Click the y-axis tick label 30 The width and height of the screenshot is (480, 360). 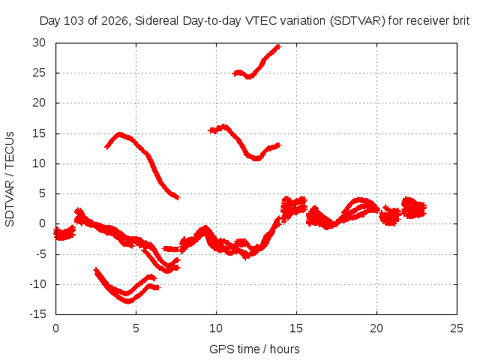coord(39,43)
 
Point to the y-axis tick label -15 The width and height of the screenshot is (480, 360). coord(37,314)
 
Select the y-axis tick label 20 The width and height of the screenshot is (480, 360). coord(39,103)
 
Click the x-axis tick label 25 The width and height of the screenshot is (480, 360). coord(457,328)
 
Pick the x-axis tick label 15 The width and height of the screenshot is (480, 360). coord(296,328)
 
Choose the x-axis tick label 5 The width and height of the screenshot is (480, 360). coord(136,328)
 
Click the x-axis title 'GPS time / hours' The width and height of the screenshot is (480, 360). coord(254,349)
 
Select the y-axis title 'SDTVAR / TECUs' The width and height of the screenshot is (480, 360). coord(10,179)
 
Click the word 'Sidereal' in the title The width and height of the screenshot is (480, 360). coord(157,21)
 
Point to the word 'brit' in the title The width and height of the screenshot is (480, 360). coord(460,21)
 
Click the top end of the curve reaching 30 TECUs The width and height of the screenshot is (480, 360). coord(278,46)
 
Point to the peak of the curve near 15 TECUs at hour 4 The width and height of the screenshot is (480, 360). coord(120,135)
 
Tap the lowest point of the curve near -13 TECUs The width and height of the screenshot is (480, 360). coord(128,301)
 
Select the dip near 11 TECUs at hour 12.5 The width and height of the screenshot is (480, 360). coord(256,158)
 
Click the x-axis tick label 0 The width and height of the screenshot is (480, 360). coord(55,328)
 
